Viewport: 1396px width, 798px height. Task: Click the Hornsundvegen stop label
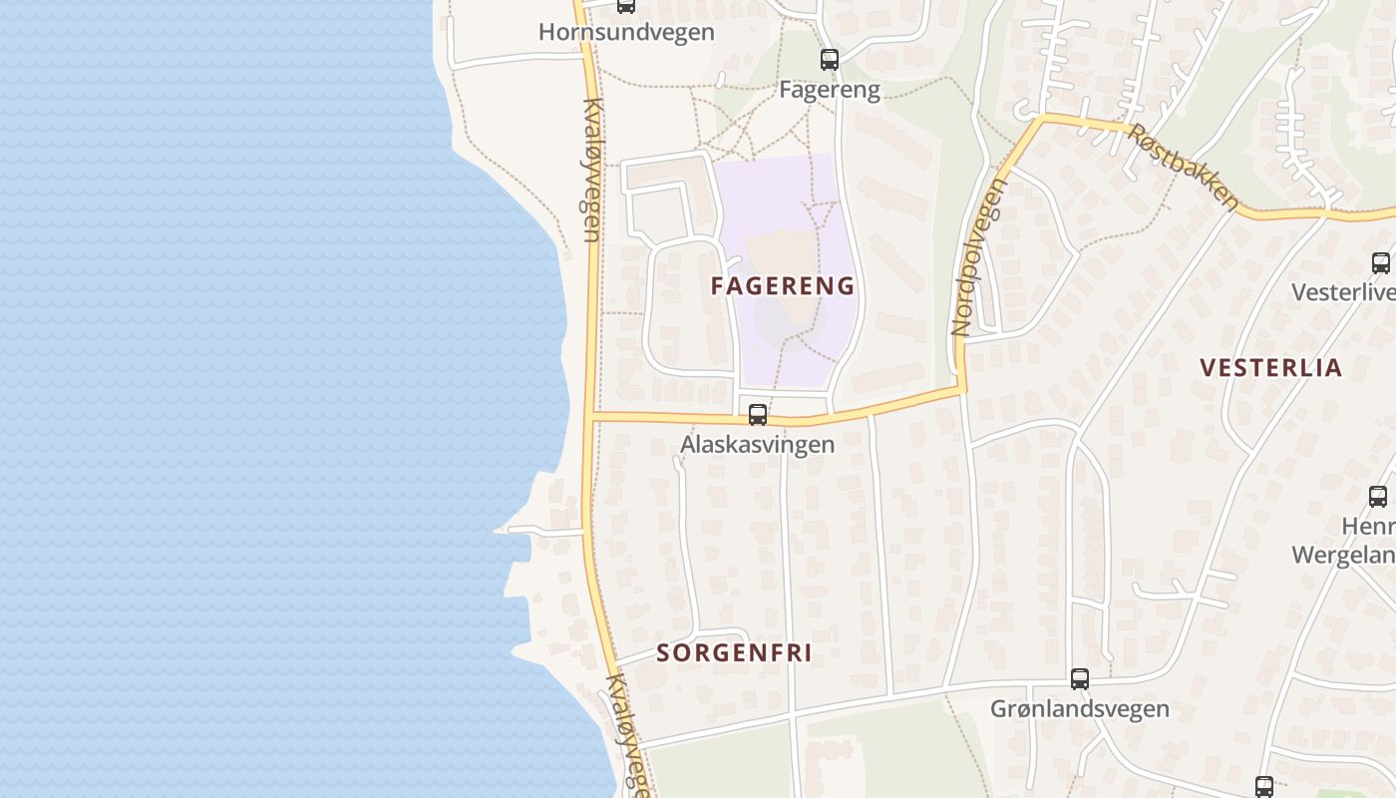tap(626, 32)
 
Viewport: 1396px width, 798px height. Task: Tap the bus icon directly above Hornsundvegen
tap(626, 5)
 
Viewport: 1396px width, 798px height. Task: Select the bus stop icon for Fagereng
tap(830, 59)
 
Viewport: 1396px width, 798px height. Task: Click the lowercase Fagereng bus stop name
tap(830, 90)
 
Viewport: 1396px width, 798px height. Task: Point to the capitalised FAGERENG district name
tap(783, 286)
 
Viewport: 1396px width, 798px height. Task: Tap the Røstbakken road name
tap(1184, 167)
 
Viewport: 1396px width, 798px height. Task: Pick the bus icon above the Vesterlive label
tap(1381, 263)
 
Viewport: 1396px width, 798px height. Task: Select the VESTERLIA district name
tap(1271, 368)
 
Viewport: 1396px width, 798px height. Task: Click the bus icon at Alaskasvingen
tap(758, 415)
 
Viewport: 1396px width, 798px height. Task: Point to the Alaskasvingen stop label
tap(758, 444)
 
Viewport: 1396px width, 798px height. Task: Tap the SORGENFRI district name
tap(734, 653)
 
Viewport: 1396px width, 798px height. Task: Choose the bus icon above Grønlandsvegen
tap(1080, 679)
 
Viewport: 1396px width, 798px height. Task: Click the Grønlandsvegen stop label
tap(1080, 709)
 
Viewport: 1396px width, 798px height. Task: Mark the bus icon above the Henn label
tap(1378, 496)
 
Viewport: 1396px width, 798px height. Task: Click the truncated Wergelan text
tap(1343, 555)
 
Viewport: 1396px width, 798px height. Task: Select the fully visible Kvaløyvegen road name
tap(591, 170)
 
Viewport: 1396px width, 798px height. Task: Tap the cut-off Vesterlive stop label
tap(1343, 292)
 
